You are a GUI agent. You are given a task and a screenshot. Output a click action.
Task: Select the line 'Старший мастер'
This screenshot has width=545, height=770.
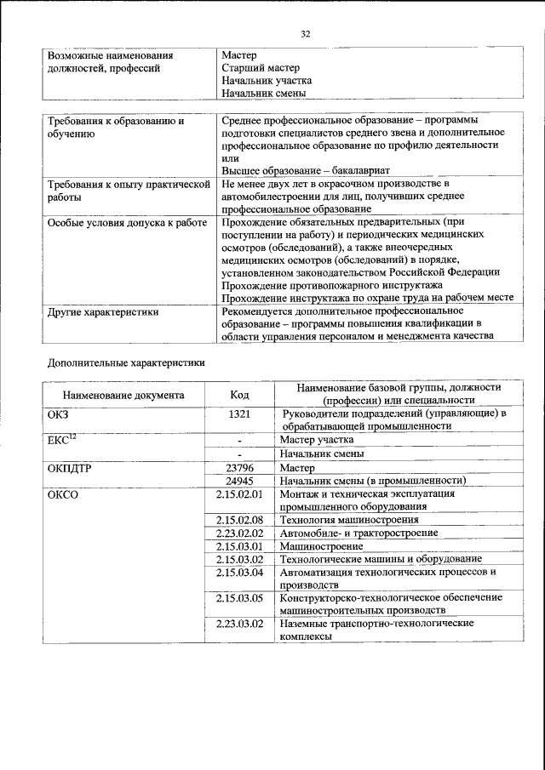tap(260, 67)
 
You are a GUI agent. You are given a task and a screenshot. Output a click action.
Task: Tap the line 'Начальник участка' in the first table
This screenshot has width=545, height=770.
tap(266, 80)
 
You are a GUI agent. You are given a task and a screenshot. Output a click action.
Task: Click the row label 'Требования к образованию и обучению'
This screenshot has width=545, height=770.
tap(115, 128)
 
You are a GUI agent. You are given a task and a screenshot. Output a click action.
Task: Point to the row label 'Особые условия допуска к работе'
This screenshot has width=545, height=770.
tap(127, 223)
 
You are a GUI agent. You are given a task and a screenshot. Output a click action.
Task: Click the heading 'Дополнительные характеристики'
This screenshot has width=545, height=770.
tap(125, 362)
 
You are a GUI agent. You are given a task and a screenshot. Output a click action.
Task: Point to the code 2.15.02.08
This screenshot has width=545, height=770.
tap(239, 519)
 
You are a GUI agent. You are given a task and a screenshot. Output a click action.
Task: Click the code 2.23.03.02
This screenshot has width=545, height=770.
tap(239, 624)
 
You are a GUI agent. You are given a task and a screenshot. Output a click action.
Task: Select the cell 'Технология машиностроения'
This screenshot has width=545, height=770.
tap(349, 519)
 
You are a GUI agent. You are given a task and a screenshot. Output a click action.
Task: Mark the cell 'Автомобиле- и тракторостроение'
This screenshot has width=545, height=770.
tap(359, 533)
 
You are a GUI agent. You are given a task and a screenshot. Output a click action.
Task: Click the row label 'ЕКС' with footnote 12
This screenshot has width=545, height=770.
tap(64, 440)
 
